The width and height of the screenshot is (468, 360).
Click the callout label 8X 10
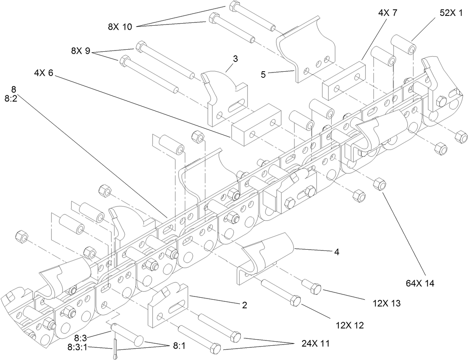click(x=120, y=27)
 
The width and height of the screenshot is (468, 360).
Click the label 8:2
click(x=10, y=98)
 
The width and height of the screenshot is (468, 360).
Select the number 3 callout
click(x=235, y=59)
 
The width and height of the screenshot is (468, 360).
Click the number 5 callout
click(x=263, y=75)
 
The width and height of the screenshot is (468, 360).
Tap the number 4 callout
click(x=336, y=252)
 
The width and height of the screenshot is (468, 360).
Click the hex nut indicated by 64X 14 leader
click(x=380, y=184)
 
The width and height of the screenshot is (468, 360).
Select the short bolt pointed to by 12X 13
click(x=312, y=286)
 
